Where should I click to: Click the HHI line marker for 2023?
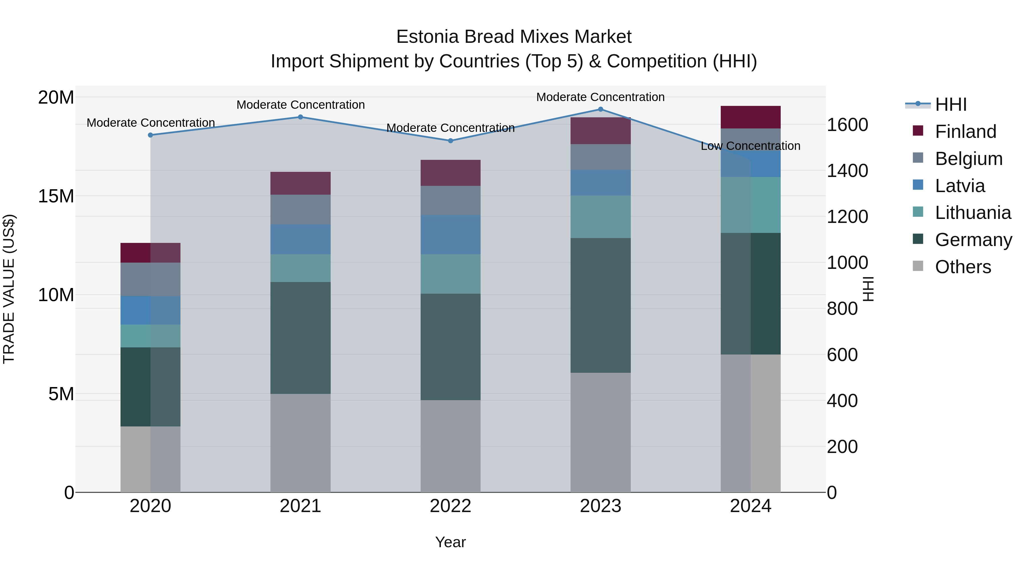[x=600, y=109]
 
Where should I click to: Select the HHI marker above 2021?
[x=300, y=117]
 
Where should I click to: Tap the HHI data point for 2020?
[x=150, y=135]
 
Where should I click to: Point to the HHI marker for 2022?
[x=451, y=141]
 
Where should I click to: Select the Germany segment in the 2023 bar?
[x=600, y=305]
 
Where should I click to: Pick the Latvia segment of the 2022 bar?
[x=451, y=235]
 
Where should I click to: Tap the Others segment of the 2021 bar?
[x=300, y=443]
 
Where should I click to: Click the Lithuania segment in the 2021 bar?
[x=300, y=268]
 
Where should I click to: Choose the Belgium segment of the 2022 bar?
[x=451, y=200]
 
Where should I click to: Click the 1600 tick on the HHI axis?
[x=847, y=125]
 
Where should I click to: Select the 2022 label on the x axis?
[x=451, y=506]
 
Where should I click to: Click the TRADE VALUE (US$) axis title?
[x=9, y=289]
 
